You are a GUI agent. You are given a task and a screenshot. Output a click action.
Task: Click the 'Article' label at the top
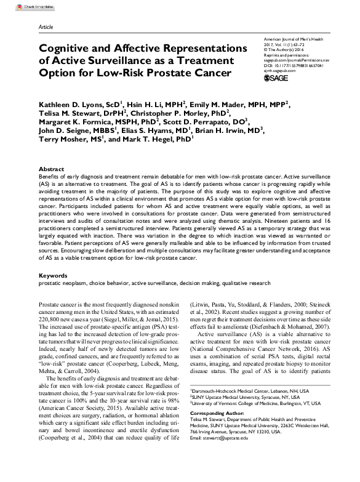click(x=47, y=28)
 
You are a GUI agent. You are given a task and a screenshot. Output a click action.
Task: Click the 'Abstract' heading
click(x=51, y=169)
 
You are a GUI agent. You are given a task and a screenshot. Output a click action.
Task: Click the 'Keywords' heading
click(x=53, y=276)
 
